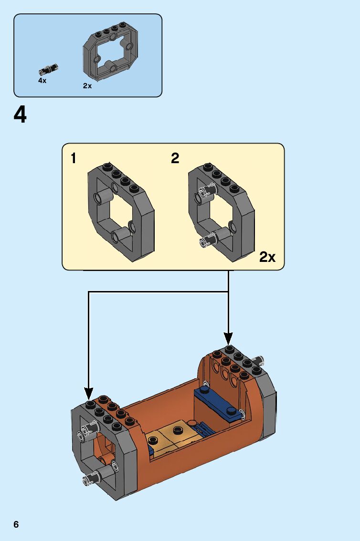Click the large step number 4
tap(20, 115)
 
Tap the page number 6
tap(16, 525)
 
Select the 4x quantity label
tap(42, 81)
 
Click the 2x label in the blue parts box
tap(87, 86)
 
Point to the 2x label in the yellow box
tap(267, 257)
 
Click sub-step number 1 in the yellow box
tap(74, 158)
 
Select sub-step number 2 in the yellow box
tap(175, 158)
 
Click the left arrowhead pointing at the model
tap(89, 394)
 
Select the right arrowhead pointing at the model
tap(228, 338)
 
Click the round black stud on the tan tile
tap(179, 429)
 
